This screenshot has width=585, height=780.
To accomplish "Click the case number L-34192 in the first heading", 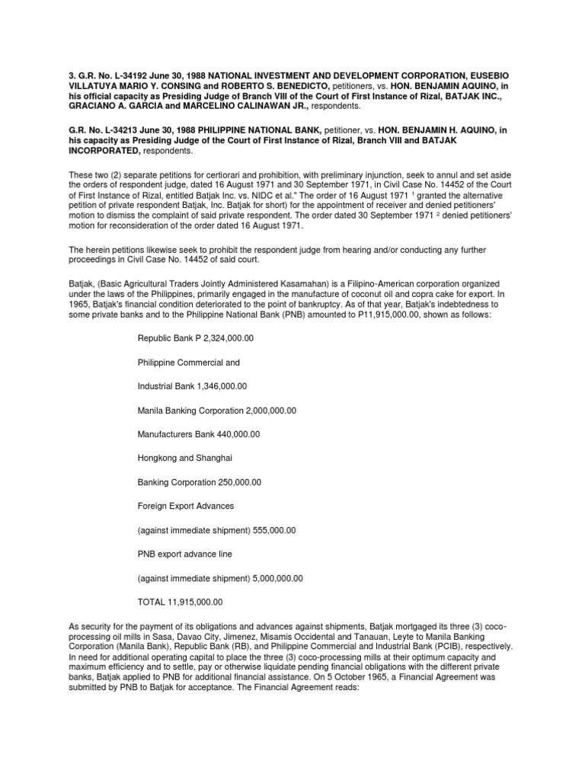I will (97, 77).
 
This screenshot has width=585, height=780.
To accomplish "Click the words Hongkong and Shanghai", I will (185, 458).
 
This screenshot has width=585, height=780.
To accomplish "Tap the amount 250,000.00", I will (230, 482).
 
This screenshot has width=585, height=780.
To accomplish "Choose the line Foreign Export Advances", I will (185, 506).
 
